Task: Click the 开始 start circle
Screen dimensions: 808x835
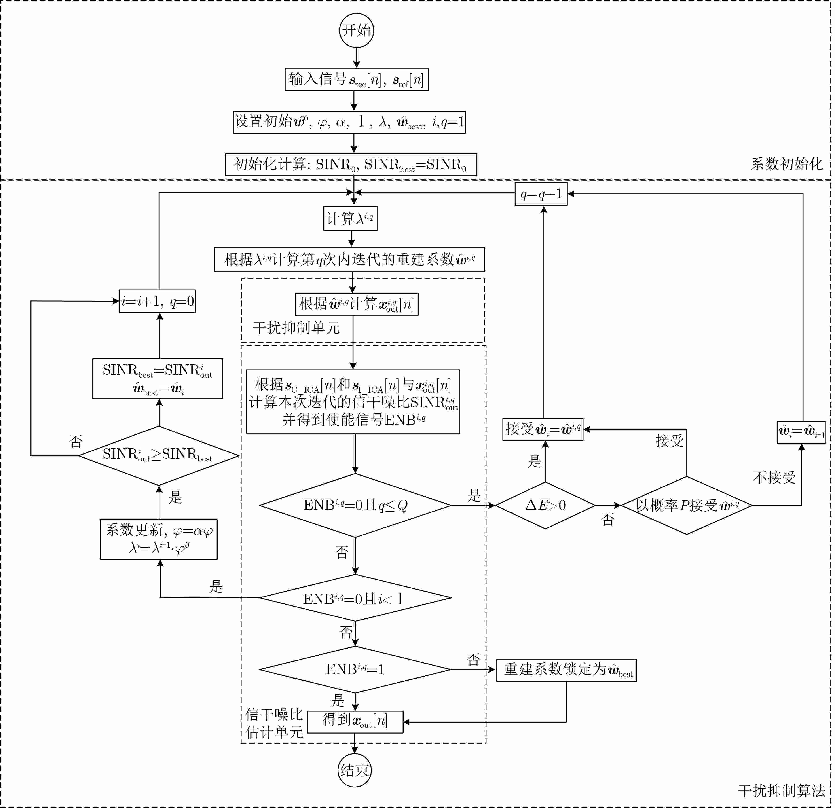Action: (357, 30)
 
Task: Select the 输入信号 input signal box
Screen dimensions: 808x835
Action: (357, 80)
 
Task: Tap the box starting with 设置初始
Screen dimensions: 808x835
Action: (349, 122)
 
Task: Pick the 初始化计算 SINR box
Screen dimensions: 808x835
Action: (351, 164)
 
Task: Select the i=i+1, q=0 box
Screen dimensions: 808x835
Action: (157, 301)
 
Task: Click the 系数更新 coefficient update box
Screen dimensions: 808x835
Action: (158, 539)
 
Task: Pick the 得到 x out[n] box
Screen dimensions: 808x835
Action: (355, 722)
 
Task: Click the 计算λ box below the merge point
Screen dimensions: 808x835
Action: (351, 218)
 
